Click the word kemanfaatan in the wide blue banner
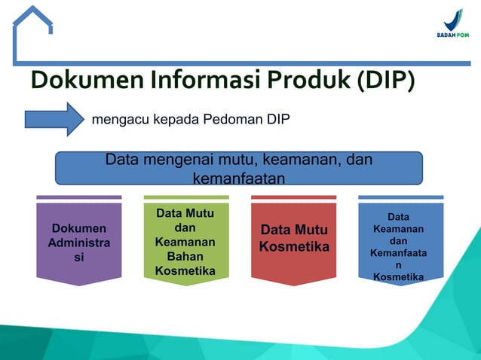(238, 178)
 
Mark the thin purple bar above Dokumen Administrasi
(78, 197)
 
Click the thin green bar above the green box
(185, 197)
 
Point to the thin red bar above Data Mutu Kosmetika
(293, 197)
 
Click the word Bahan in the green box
(185, 257)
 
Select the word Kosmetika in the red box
(293, 247)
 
